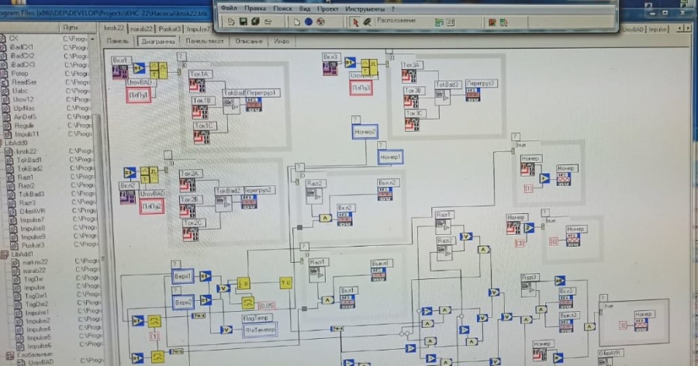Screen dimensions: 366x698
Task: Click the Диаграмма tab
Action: pyautogui.click(x=157, y=42)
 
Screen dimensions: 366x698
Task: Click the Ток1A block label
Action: pyautogui.click(x=202, y=74)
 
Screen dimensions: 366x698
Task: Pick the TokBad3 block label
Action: pyautogui.click(x=448, y=84)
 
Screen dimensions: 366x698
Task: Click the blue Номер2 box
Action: pyautogui.click(x=365, y=132)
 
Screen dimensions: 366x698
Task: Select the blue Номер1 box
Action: pyautogui.click(x=390, y=157)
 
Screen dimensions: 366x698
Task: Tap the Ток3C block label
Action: pyautogui.click(x=415, y=113)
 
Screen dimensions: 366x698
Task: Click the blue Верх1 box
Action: pyautogui.click(x=183, y=276)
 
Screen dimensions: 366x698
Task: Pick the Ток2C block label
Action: pyautogui.click(x=193, y=223)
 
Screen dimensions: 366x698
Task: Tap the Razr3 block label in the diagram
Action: pyautogui.click(x=530, y=278)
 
